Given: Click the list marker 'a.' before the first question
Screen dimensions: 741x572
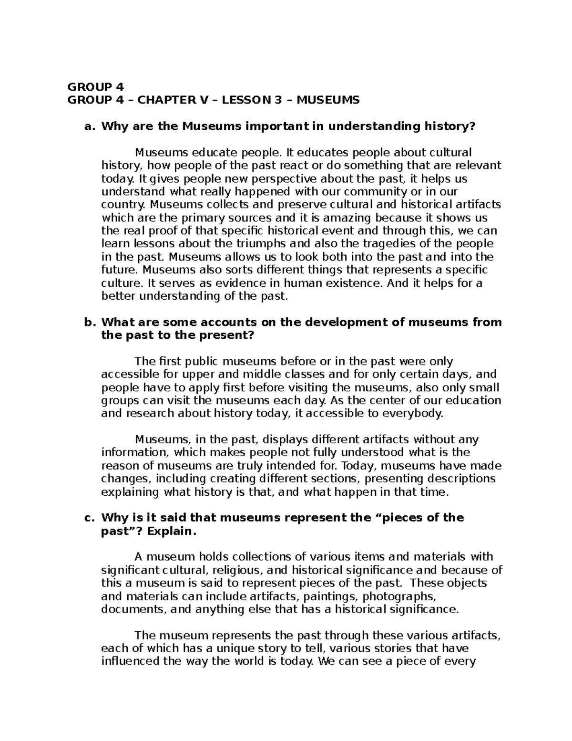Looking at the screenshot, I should click(88, 126).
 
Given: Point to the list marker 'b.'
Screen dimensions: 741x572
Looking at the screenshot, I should click(88, 322).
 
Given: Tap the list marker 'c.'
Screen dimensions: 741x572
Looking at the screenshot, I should click(88, 518).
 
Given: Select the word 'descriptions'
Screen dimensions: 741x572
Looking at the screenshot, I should click(459, 479).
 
